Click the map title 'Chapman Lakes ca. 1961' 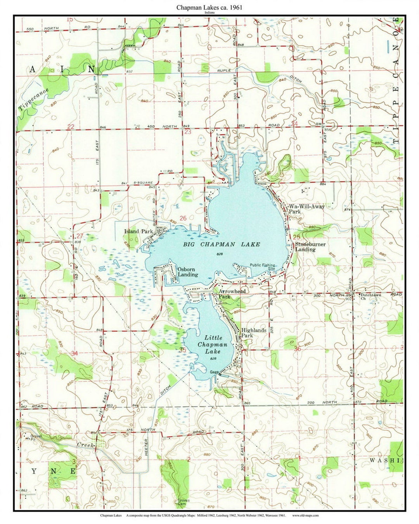click(210, 7)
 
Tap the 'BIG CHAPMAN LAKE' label click(222, 245)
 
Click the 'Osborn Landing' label click(188, 272)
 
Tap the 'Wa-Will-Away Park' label click(306, 209)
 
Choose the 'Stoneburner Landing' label click(310, 247)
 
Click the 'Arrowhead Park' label click(232, 294)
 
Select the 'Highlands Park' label click(254, 333)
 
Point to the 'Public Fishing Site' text click(263, 267)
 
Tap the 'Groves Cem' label click(184, 502)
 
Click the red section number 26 click(183, 219)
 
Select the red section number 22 click(71, 127)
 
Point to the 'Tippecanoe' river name click(34, 99)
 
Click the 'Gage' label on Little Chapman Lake click(214, 372)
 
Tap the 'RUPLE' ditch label click(224, 70)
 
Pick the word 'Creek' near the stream click(85, 445)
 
